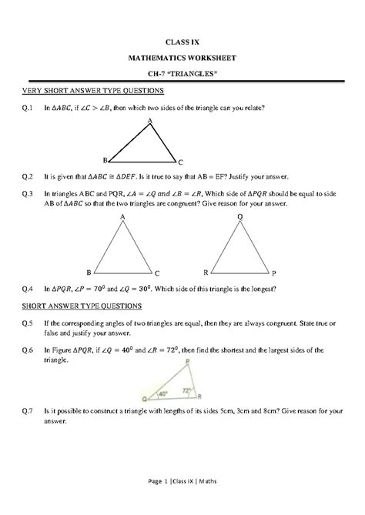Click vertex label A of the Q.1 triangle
click(149, 122)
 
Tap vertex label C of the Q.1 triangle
click(180, 163)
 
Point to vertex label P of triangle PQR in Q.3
click(273, 273)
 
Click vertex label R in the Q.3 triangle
click(206, 273)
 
